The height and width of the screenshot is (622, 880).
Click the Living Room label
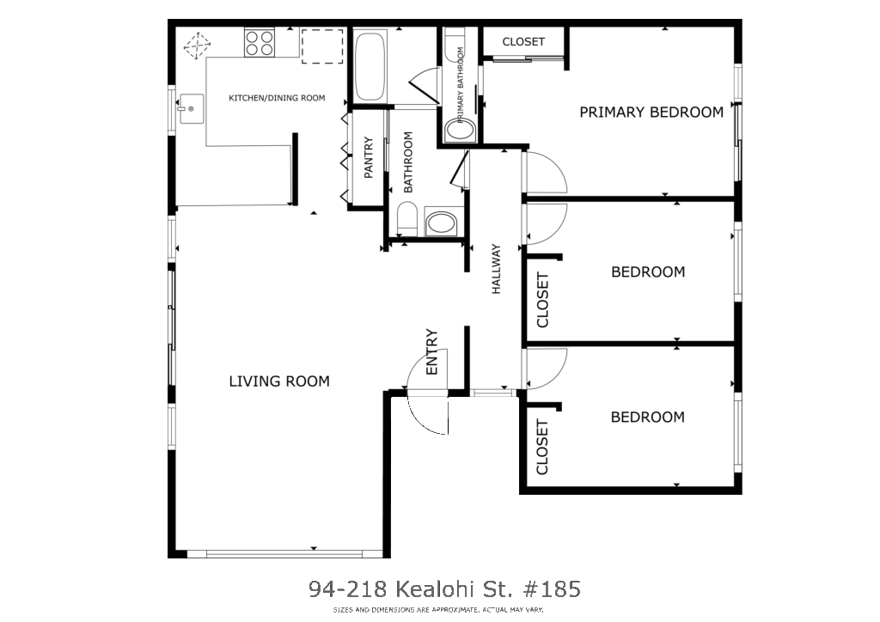pos(279,381)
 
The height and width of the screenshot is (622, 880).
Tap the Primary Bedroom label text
pos(651,113)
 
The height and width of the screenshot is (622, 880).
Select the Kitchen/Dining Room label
pos(277,98)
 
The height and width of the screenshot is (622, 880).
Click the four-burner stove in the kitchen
pos(259,43)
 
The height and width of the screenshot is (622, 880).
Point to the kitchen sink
pos(190,108)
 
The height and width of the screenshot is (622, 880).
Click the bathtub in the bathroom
pos(370,66)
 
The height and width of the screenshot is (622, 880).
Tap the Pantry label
pos(368,157)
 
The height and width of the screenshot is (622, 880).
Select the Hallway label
pos(496,269)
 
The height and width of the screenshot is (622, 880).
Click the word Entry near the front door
pos(431,352)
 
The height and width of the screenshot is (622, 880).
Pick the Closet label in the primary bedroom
pos(523,41)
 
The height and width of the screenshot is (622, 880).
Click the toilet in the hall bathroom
pos(406,219)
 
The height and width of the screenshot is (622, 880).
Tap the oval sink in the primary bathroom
pos(461,130)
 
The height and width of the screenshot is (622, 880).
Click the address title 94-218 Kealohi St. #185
pos(444,588)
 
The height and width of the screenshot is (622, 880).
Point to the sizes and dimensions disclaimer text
pos(437,610)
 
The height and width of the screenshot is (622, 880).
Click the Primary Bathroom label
pos(461,85)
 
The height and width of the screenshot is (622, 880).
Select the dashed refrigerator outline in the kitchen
pos(322,46)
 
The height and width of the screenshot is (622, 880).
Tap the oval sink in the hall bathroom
pos(442,223)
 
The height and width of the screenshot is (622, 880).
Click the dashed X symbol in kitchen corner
pos(198,46)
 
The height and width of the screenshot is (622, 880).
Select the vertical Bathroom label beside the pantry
pos(408,162)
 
